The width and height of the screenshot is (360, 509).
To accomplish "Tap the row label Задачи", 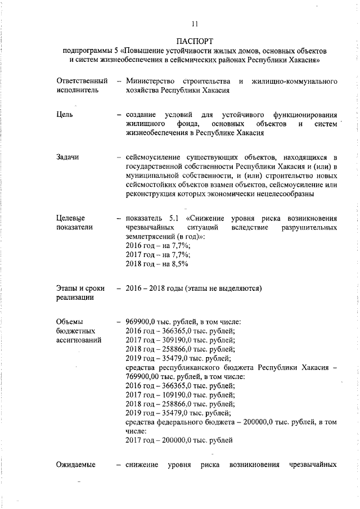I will click(68, 156).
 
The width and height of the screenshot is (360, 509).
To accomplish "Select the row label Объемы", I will click(70, 322).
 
